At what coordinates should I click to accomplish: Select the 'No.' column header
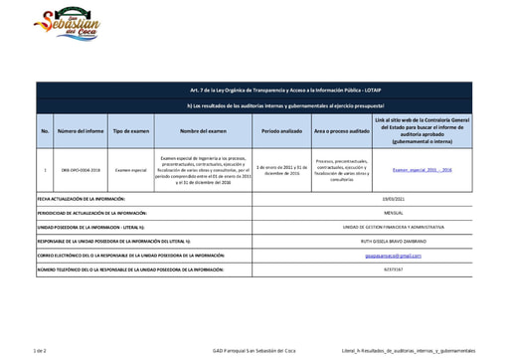point(45,130)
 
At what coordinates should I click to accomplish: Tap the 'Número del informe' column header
point(81,130)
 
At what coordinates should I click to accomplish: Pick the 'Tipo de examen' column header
point(131,130)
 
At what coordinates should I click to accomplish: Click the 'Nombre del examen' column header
point(204,130)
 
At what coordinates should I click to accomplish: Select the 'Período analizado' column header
point(282,130)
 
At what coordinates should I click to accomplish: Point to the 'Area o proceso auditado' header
point(341,130)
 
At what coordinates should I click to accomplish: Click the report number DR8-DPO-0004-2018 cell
point(81,170)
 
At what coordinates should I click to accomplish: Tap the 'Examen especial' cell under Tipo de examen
point(131,170)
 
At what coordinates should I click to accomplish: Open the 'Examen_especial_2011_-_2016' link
point(423,170)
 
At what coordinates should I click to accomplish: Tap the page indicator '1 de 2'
point(41,351)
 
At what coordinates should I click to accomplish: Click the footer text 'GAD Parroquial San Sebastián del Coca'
point(254,351)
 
